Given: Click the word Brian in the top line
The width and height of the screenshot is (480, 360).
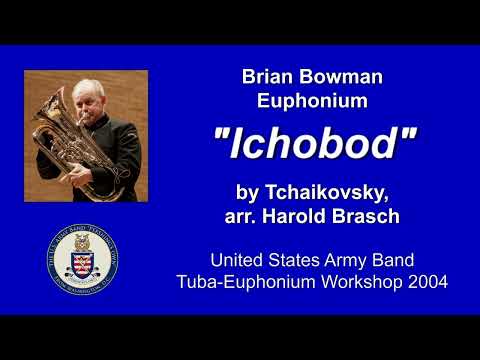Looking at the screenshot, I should point(269,76).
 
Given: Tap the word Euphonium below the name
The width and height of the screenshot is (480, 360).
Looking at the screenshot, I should point(312,100).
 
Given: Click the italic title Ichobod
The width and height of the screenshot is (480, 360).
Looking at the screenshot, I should point(313,146).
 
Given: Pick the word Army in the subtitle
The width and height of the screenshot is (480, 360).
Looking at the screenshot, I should point(358,258).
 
